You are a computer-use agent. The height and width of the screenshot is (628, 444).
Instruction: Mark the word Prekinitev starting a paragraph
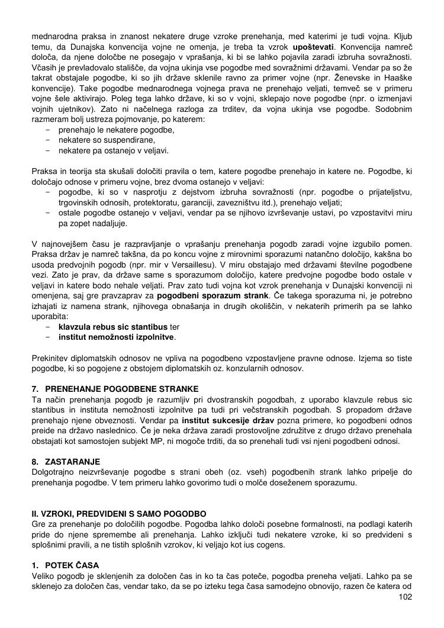[x=52, y=358]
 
